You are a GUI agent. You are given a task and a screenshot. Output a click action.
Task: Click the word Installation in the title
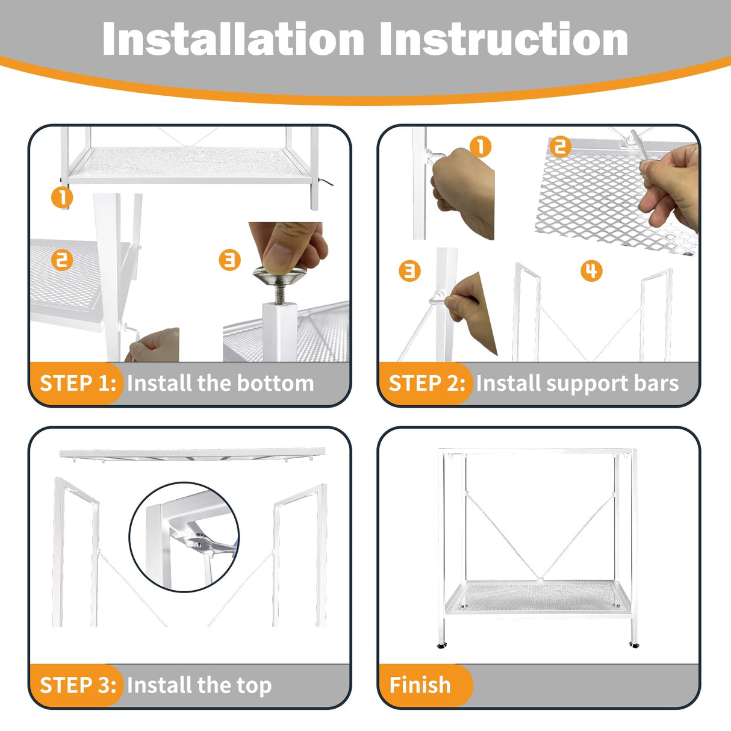pos(233,39)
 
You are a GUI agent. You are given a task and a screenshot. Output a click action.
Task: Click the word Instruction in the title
pos(504,39)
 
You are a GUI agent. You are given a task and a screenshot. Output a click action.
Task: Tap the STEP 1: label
pos(78,383)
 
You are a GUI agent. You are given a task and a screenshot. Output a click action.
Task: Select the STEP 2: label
pos(427,383)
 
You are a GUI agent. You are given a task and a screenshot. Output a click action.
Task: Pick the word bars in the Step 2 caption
pos(656,383)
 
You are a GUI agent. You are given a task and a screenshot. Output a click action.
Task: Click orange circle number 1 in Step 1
pos(62,198)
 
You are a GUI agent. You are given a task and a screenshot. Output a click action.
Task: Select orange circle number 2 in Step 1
pos(62,260)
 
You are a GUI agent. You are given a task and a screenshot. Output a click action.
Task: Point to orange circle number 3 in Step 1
pos(230,260)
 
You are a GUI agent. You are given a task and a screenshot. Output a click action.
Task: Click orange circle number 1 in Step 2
pos(481,147)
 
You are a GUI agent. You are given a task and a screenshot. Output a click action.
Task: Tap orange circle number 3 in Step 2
pos(409,271)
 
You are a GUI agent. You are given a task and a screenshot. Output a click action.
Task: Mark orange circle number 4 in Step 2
pos(592,271)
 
